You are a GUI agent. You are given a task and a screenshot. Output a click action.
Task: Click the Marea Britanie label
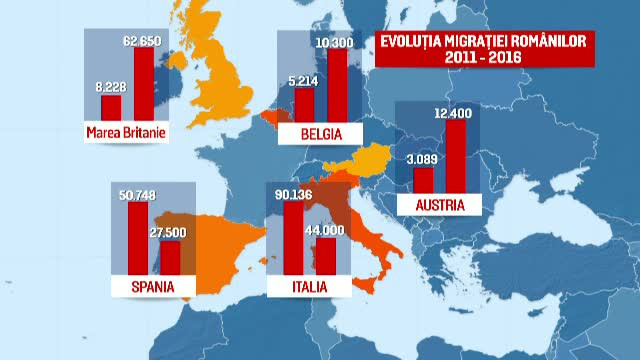coord(125,130)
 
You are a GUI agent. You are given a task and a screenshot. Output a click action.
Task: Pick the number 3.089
coord(423,159)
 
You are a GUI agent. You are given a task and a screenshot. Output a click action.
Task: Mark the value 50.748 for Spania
coord(138,195)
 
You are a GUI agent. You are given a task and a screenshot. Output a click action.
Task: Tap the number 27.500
coord(171,232)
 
